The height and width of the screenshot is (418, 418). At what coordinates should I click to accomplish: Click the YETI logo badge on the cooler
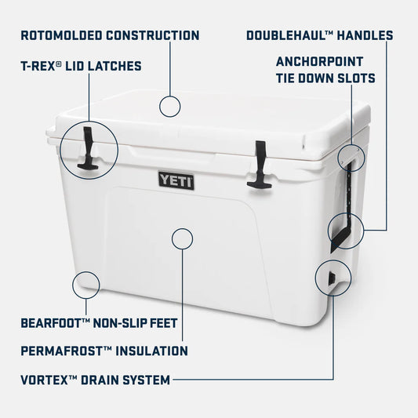[x=176, y=180]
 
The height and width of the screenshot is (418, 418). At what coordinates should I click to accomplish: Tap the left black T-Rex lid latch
[x=87, y=149]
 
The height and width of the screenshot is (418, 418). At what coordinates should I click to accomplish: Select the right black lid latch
[x=260, y=165]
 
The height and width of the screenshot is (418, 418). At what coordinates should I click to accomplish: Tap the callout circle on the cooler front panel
[x=182, y=238]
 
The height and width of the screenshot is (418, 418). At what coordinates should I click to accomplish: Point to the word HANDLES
[x=366, y=35]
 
